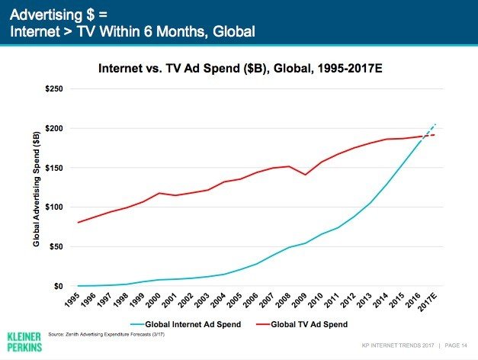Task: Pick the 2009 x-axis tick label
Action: coord(303,298)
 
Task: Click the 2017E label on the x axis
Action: coord(431,300)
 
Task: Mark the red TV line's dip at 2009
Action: coord(306,175)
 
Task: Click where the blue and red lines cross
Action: coord(421,136)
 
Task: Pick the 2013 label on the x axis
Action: coord(368,298)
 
